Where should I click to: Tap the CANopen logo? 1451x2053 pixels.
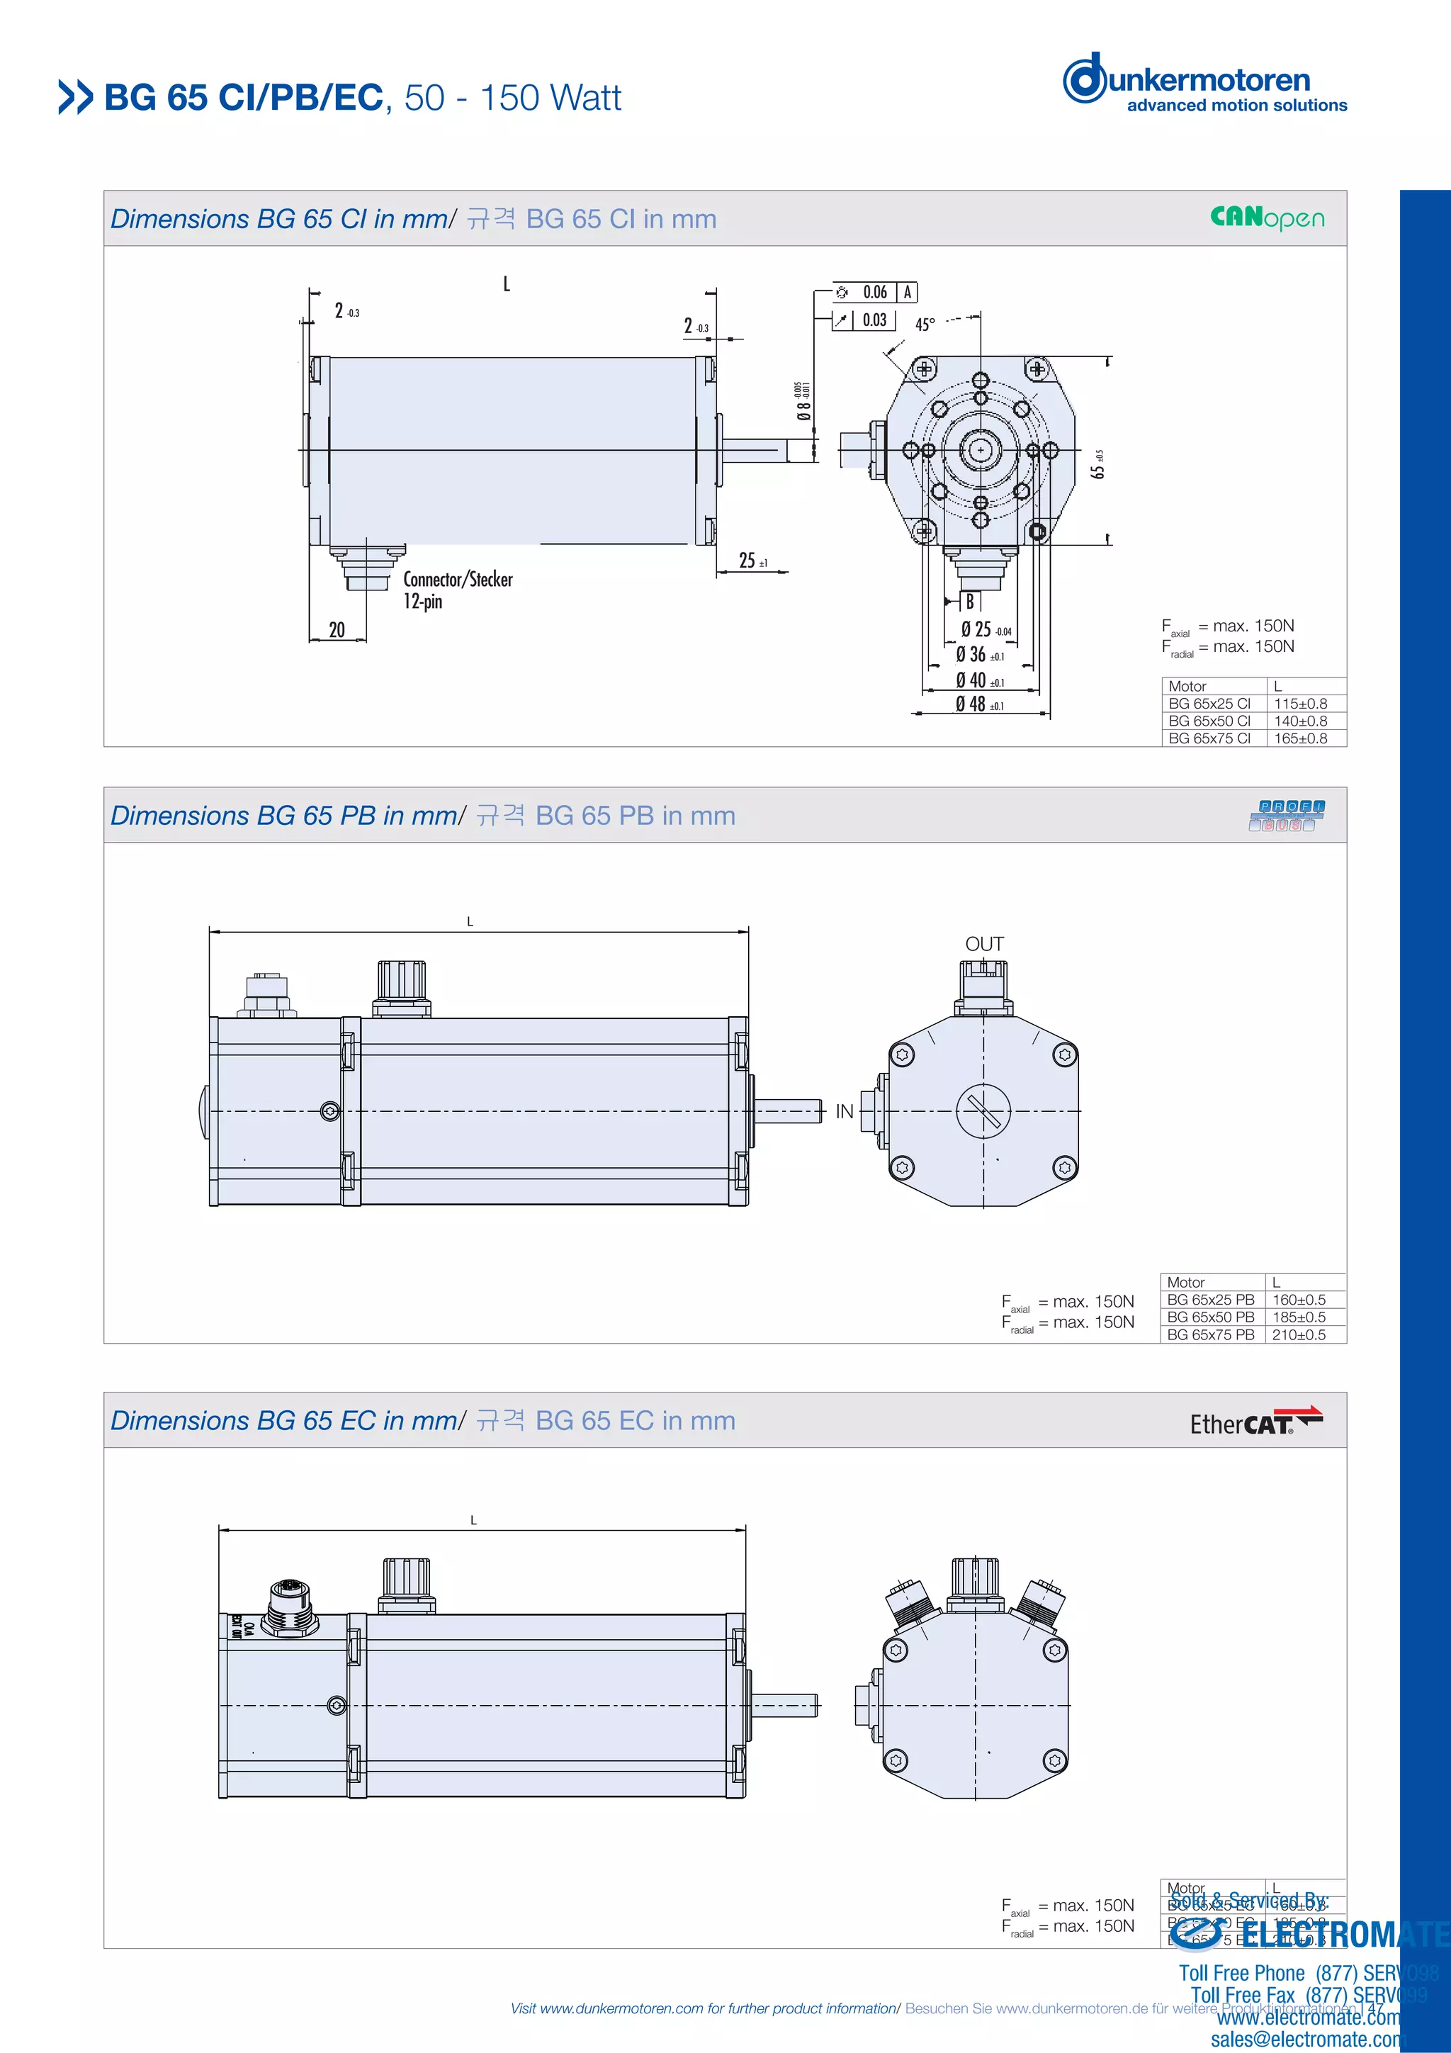[1267, 218]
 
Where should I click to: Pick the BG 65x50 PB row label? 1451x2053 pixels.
[1211, 1317]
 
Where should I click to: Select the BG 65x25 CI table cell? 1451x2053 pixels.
[1209, 704]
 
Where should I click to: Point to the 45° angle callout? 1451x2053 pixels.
[925, 325]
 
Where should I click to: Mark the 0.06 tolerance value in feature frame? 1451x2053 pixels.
[874, 293]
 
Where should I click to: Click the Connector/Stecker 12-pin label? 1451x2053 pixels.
[457, 590]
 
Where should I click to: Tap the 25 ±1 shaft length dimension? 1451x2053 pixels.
[752, 561]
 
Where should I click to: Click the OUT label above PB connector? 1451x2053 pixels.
[983, 944]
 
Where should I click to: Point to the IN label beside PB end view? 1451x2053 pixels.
[844, 1111]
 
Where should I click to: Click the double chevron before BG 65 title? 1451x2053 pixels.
[75, 98]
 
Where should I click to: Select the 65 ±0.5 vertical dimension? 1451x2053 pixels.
[1099, 464]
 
